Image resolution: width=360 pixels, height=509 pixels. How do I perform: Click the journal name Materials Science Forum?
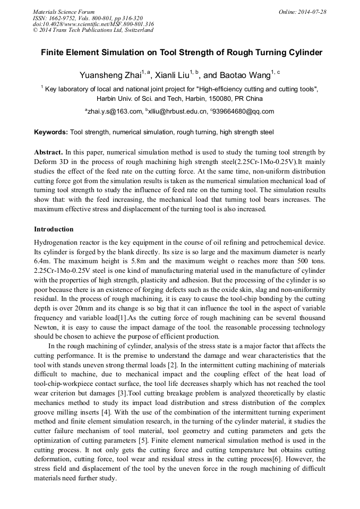click(x=64, y=11)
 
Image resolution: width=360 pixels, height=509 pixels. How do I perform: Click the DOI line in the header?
click(x=93, y=24)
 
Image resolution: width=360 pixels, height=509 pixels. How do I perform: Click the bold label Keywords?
click(x=51, y=132)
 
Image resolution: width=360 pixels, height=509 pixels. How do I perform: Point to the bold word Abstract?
click(x=49, y=151)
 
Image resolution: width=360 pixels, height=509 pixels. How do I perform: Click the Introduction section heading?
click(x=54, y=229)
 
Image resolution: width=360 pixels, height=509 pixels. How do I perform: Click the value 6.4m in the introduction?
click(x=42, y=261)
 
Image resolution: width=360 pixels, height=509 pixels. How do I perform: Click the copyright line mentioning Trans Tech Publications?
click(x=93, y=30)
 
